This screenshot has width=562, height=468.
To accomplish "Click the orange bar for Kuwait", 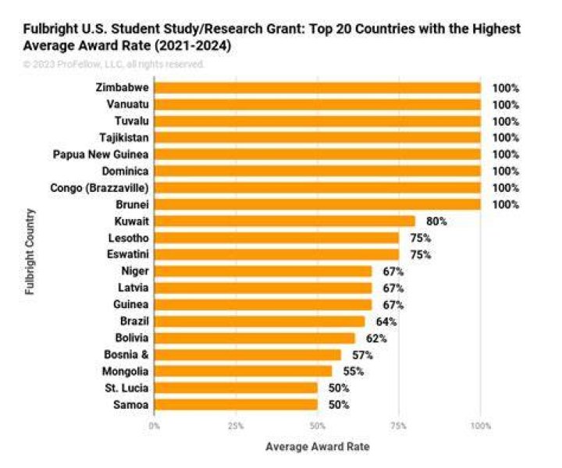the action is click(x=285, y=222).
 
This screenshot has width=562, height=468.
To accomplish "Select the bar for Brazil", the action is click(x=260, y=321).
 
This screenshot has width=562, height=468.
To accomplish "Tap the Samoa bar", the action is click(x=237, y=405).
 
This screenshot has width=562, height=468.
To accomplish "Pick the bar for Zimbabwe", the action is click(x=318, y=87).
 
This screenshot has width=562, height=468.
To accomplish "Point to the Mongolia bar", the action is click(x=244, y=371).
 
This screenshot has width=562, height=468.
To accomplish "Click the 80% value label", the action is click(x=436, y=222).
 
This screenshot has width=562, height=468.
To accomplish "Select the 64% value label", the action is click(x=386, y=321).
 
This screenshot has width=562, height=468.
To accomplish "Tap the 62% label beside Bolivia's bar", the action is click(x=376, y=339).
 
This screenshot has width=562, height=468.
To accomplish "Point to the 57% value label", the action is click(x=362, y=355).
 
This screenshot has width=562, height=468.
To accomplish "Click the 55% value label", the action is click(x=354, y=371).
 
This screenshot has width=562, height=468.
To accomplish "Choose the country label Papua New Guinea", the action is click(x=101, y=154).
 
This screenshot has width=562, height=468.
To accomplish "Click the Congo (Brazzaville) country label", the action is click(x=99, y=188).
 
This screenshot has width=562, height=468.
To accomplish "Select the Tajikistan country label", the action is click(x=124, y=138).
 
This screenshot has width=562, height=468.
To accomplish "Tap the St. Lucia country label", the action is click(x=126, y=388).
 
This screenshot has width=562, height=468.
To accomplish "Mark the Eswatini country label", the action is click(x=127, y=254).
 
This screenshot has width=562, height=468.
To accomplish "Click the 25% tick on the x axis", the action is click(x=236, y=426).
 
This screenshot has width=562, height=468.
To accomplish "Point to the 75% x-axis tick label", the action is click(x=399, y=426).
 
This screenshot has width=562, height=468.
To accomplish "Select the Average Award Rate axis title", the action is click(x=318, y=447).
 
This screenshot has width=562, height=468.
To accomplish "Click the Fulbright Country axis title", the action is click(x=30, y=252).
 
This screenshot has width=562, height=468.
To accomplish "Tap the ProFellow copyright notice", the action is click(x=114, y=65).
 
